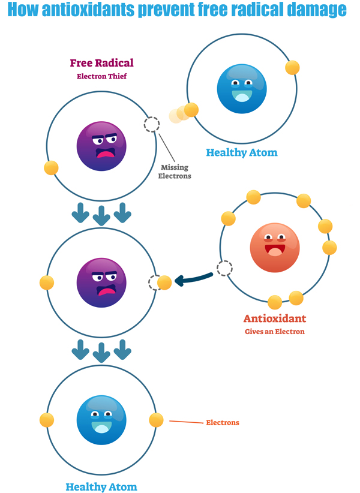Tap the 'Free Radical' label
101,63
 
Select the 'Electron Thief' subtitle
101,76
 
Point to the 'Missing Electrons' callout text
175,172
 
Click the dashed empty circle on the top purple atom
152,125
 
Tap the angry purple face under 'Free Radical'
101,146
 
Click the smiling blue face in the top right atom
241,88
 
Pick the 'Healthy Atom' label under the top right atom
242,152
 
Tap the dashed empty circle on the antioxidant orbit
224,268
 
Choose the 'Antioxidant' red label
274,318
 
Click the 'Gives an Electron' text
274,332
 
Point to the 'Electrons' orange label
223,423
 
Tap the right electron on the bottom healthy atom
156,420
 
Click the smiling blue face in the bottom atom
101,419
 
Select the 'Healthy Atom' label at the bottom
101,486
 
